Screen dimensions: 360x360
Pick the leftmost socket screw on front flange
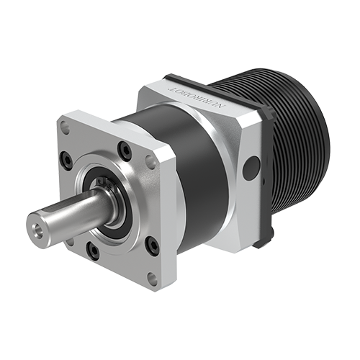pyautogui.click(x=66, y=160)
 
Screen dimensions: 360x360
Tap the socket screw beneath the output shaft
pyautogui.click(x=93, y=250)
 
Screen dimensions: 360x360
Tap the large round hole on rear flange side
pyautogui.click(x=249, y=170)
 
